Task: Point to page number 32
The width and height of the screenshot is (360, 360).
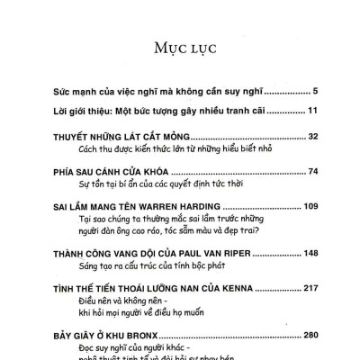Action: point(306,136)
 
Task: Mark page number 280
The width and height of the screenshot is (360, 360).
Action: point(303,335)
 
